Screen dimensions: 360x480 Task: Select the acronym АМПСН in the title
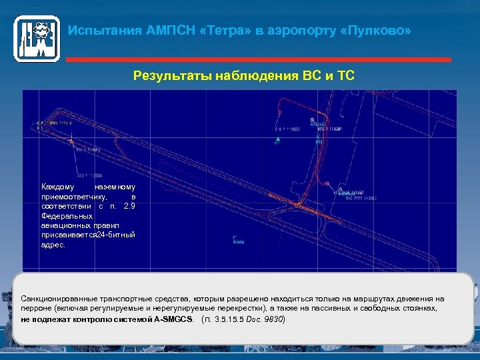[x=167, y=31]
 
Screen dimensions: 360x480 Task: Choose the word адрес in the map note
[x=53, y=245]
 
